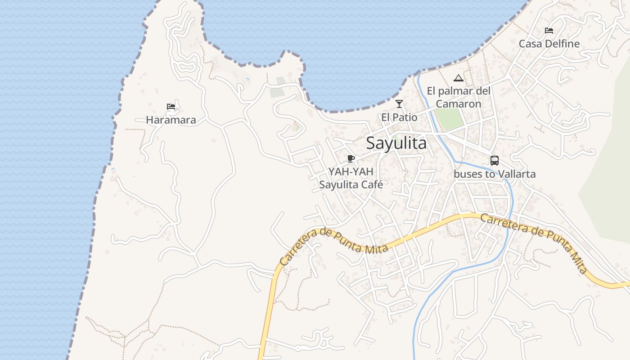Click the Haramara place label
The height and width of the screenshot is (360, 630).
pos(171,120)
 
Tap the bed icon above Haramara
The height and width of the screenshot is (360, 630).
pos(171,107)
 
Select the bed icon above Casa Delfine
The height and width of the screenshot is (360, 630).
pos(549,31)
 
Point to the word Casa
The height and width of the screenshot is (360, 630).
pos(529,44)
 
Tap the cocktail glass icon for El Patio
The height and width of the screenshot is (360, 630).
pos(399,104)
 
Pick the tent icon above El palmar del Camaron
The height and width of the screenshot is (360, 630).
pos(459,78)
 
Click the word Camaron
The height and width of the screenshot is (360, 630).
pos(459,104)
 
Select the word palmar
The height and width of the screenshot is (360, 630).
pos(459,91)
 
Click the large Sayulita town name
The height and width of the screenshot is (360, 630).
pos(396,143)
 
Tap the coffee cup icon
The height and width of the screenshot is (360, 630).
pos(351,158)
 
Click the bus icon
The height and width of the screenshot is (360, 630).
pos(495,161)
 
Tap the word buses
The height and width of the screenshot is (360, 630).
pos(467,174)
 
